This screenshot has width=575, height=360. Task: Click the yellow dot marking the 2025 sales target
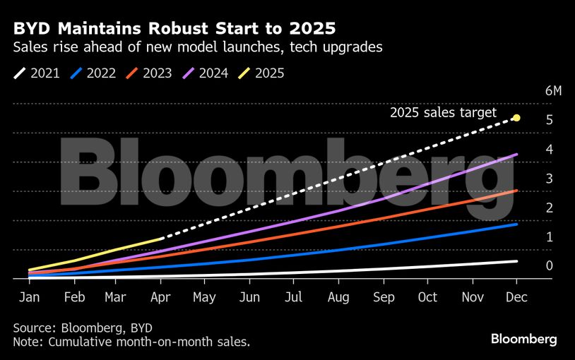516,118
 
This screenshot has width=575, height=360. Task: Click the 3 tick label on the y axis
549,179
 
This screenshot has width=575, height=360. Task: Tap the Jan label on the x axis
29,297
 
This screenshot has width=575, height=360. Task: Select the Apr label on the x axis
162,297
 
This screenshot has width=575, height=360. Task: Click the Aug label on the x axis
339,297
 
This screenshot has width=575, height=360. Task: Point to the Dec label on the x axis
516,297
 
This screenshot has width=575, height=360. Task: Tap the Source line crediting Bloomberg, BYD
83,328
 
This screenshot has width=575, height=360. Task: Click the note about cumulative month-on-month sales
131,342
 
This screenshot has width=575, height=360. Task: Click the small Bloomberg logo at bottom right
523,340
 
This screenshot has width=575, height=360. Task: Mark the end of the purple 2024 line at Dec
517,155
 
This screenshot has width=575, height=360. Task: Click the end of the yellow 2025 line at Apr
163,239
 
